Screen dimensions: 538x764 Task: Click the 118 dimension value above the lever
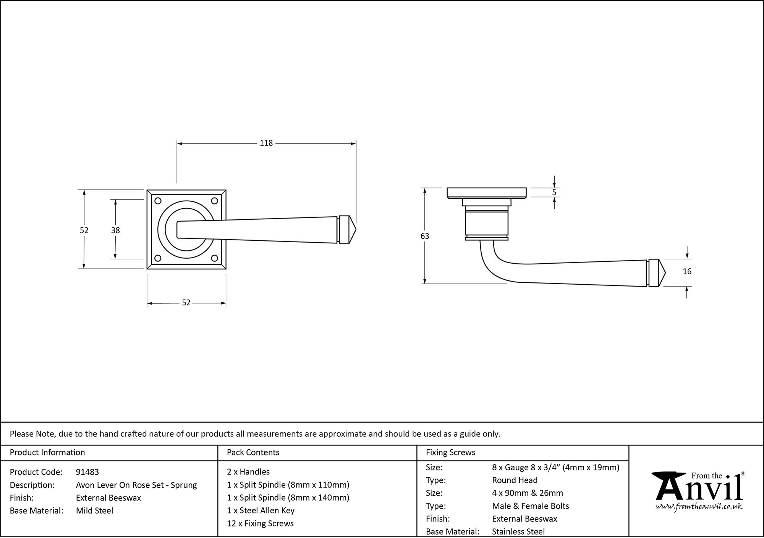pyautogui.click(x=266, y=143)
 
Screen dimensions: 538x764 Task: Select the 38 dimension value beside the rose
pyautogui.click(x=115, y=230)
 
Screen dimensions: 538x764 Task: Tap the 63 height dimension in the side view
pyautogui.click(x=425, y=236)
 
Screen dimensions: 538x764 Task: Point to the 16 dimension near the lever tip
pyautogui.click(x=687, y=272)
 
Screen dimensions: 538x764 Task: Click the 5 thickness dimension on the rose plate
pyautogui.click(x=554, y=193)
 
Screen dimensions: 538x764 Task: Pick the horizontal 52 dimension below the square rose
pyautogui.click(x=186, y=303)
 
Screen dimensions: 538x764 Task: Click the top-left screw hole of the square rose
pyautogui.click(x=157, y=201)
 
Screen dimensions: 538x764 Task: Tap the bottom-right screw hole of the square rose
pyautogui.click(x=215, y=258)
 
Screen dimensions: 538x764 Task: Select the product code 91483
pyautogui.click(x=87, y=472)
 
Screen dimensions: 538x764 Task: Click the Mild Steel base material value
pyautogui.click(x=94, y=511)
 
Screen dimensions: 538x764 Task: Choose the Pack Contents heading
pyautogui.click(x=253, y=453)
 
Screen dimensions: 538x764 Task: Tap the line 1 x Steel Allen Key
pyautogui.click(x=261, y=511)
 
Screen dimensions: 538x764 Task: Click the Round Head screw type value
pyautogui.click(x=515, y=480)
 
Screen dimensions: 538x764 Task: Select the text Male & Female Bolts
pyautogui.click(x=530, y=506)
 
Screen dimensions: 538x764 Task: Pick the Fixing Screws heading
pyautogui.click(x=450, y=453)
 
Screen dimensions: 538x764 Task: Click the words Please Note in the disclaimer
pyautogui.click(x=33, y=434)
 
